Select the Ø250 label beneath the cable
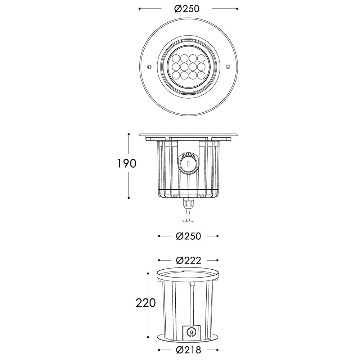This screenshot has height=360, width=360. pyautogui.click(x=188, y=236)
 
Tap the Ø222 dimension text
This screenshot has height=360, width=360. pyautogui.click(x=188, y=260)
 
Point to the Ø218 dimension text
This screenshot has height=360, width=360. pyautogui.click(x=188, y=350)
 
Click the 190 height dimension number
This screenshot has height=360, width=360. pyautogui.click(x=126, y=164)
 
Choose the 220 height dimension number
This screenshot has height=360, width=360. pyautogui.click(x=146, y=303)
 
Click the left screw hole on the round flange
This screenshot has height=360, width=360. pyautogui.click(x=149, y=66)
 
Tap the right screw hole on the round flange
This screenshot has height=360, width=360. pyautogui.click(x=228, y=66)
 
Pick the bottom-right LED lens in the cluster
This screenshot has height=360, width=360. pyautogui.click(x=201, y=75)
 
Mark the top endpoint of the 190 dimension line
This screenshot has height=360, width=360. pyautogui.click(x=129, y=134)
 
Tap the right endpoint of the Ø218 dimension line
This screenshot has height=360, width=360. pyautogui.click(x=217, y=350)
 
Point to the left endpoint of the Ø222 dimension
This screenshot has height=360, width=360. pyautogui.click(x=159, y=260)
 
